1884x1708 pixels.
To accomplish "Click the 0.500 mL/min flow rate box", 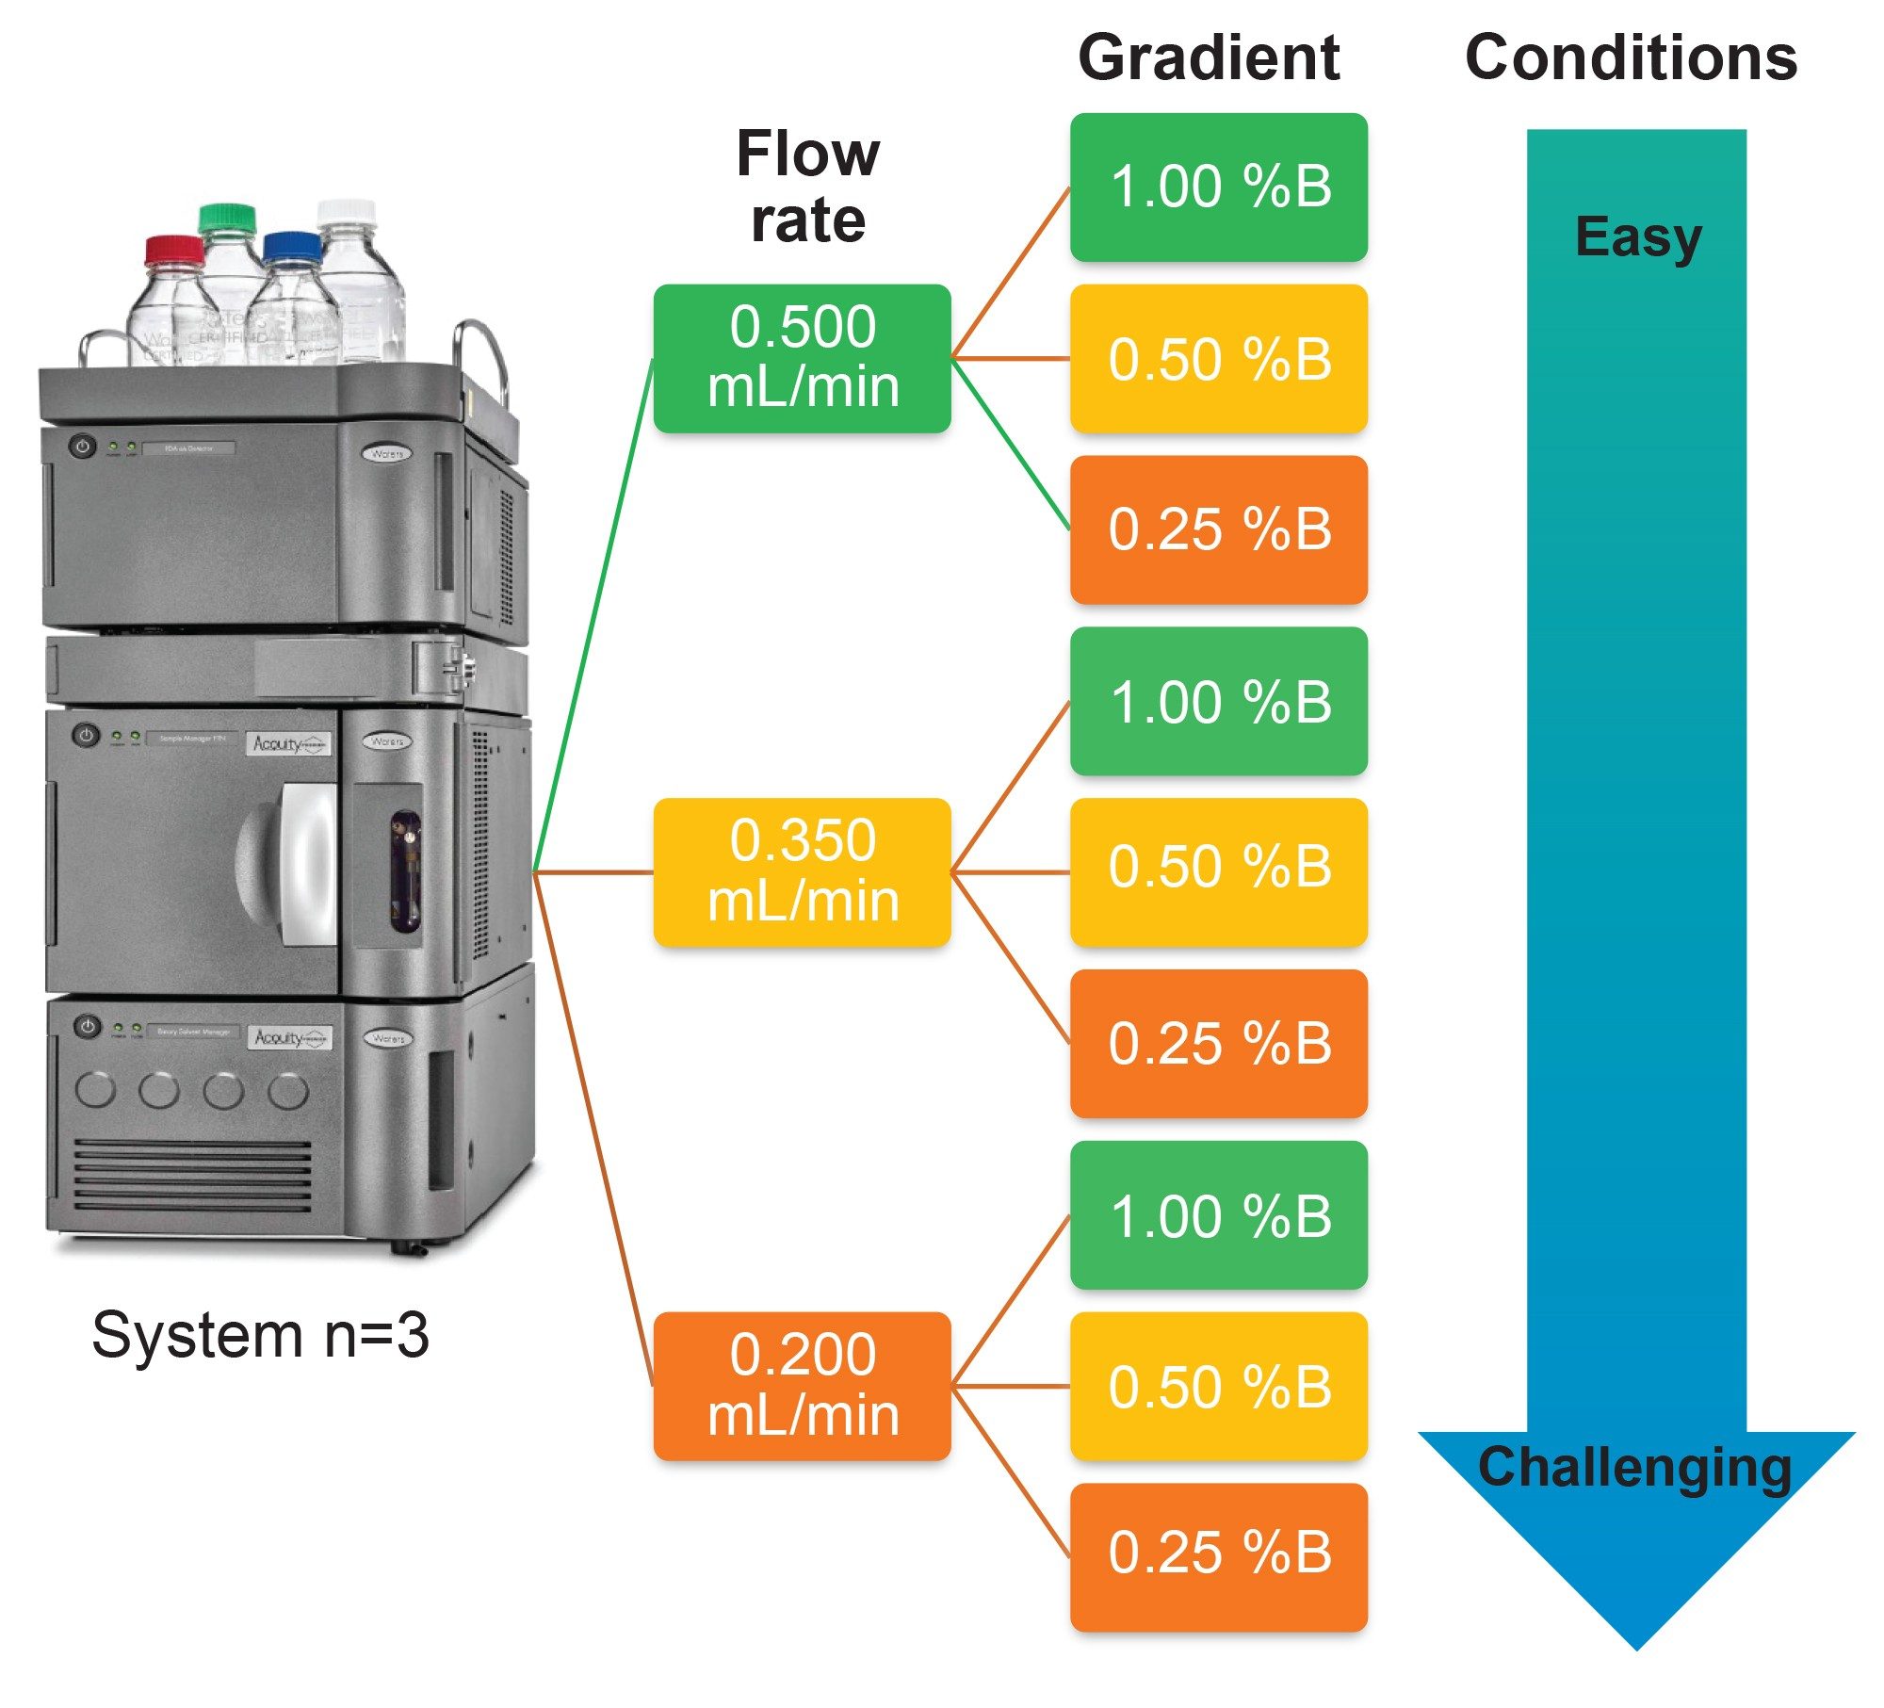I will coord(802,358).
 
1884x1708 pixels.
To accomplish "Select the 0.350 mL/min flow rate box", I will coord(802,871).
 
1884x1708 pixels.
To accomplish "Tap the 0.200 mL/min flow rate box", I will coord(802,1386).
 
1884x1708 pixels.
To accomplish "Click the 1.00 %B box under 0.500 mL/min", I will coord(1218,187).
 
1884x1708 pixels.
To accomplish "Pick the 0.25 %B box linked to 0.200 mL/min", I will coord(1218,1556).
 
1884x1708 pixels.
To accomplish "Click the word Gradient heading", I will coord(1208,58).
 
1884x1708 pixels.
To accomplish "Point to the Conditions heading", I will coord(1631,58).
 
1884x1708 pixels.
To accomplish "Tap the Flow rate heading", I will coord(807,187).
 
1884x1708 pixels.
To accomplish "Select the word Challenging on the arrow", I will coord(1634,1467).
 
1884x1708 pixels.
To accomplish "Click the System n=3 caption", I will coord(260,1335).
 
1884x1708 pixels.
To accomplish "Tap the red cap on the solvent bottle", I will coord(174,251).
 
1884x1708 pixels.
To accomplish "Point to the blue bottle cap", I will coord(292,247).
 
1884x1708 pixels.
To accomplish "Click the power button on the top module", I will coord(83,446).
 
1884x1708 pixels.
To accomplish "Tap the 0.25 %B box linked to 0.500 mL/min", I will coord(1218,529).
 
